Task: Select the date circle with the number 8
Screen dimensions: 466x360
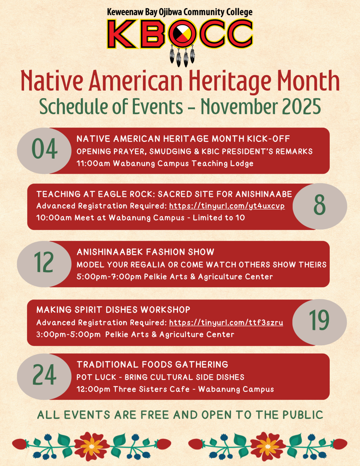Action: coord(320,206)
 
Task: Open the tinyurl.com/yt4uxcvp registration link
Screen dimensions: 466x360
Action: coord(227,206)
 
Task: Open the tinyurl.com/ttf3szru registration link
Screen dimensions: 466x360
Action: coord(226,322)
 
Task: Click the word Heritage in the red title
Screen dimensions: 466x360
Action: coord(230,81)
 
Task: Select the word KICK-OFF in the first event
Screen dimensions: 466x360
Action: coord(268,139)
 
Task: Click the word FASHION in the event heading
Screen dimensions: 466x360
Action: coord(165,252)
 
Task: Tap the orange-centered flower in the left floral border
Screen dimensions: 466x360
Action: coord(92,446)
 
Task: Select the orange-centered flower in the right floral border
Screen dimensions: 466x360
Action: coord(268,446)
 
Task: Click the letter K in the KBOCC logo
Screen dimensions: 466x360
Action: coord(122,34)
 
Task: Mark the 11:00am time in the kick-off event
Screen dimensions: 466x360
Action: coord(93,164)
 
